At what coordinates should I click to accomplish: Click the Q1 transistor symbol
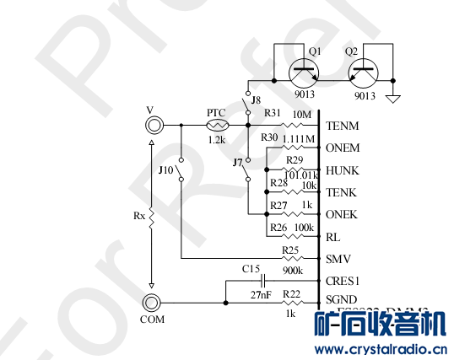point(305,74)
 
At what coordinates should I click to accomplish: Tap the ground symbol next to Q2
point(393,99)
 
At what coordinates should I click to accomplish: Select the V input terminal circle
point(152,125)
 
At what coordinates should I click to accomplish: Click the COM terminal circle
point(152,303)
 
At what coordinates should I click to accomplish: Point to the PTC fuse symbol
point(216,125)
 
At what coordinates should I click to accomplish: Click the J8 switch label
point(257,100)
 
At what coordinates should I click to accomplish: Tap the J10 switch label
point(166,170)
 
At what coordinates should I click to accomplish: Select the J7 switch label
point(238,162)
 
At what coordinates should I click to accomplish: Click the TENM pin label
point(342,126)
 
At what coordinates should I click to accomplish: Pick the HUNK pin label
point(343,170)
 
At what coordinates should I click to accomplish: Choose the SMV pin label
point(338,258)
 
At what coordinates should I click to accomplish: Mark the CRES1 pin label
point(343,281)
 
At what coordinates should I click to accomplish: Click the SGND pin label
point(342,301)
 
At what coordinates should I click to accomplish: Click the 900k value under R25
point(294,271)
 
